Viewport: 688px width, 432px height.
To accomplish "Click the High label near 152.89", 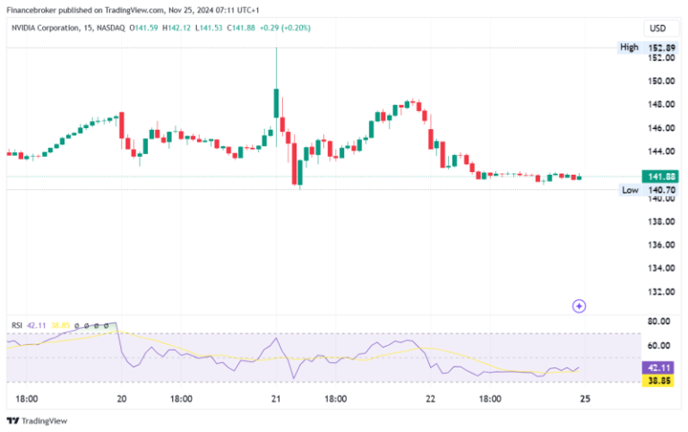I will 630,46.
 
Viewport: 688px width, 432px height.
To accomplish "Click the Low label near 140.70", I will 630,190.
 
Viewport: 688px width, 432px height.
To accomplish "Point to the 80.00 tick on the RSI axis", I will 660,321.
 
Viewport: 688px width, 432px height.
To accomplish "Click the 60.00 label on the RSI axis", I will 660,345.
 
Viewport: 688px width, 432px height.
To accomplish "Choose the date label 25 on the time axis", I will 583,399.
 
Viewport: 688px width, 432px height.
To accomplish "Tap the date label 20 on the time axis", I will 121,399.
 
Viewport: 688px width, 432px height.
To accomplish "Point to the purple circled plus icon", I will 579,306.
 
